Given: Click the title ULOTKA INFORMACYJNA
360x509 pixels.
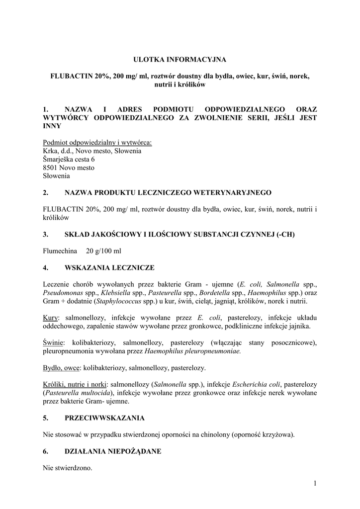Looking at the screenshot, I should [x=180, y=60].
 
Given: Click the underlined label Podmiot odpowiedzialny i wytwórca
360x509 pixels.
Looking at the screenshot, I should [x=97, y=142].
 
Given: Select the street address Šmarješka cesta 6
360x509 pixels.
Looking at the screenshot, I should [x=69, y=159].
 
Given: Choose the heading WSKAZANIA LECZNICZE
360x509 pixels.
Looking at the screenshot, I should [x=109, y=267].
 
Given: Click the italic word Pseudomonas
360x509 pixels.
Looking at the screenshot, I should [x=62, y=293].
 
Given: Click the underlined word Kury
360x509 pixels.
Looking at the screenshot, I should [x=51, y=318].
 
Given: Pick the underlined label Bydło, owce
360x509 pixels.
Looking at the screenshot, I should [x=61, y=368].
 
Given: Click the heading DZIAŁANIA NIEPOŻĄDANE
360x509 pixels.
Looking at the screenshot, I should [x=113, y=451].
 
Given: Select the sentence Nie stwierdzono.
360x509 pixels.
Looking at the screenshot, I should [x=68, y=468].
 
